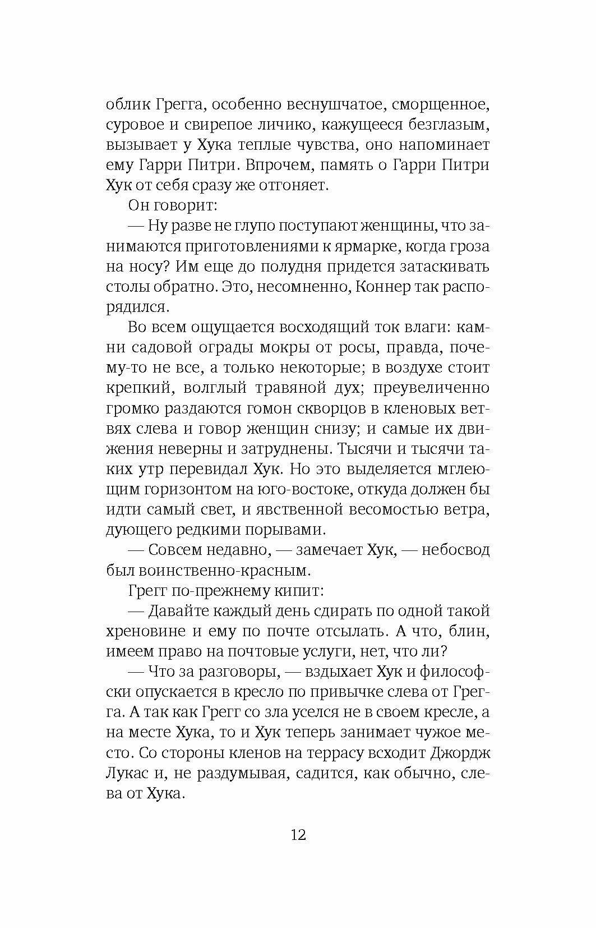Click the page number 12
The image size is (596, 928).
(298, 834)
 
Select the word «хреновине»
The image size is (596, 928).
(146, 631)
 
